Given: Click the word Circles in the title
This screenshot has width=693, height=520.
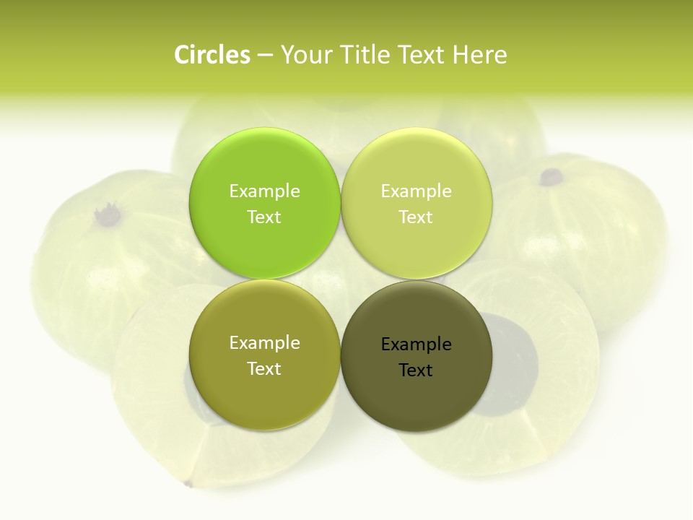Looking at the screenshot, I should click(x=212, y=55).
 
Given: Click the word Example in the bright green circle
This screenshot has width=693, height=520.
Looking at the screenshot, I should click(x=264, y=191).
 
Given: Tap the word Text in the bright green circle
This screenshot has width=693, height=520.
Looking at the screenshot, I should click(x=264, y=217).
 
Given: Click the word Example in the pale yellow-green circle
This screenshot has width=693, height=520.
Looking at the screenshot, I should click(x=417, y=191).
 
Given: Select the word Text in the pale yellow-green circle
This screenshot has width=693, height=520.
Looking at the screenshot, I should click(x=417, y=217).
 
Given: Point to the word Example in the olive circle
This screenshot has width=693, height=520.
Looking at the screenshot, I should click(x=264, y=342).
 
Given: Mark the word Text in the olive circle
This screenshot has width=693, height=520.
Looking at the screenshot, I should click(x=264, y=368).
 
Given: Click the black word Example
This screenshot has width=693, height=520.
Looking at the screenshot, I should click(x=417, y=344).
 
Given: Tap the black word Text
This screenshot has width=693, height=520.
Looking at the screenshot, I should click(x=416, y=370).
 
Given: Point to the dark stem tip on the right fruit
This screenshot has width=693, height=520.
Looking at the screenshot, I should click(x=552, y=175).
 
